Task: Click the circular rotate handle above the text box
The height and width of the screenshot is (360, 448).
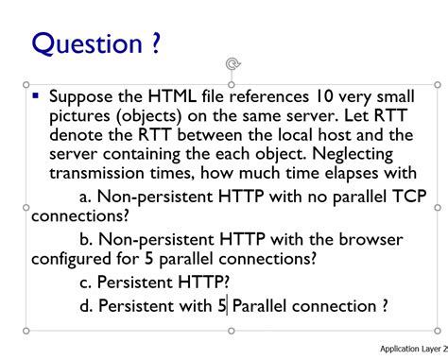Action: click(232, 63)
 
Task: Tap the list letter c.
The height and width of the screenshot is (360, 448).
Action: click(86, 282)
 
